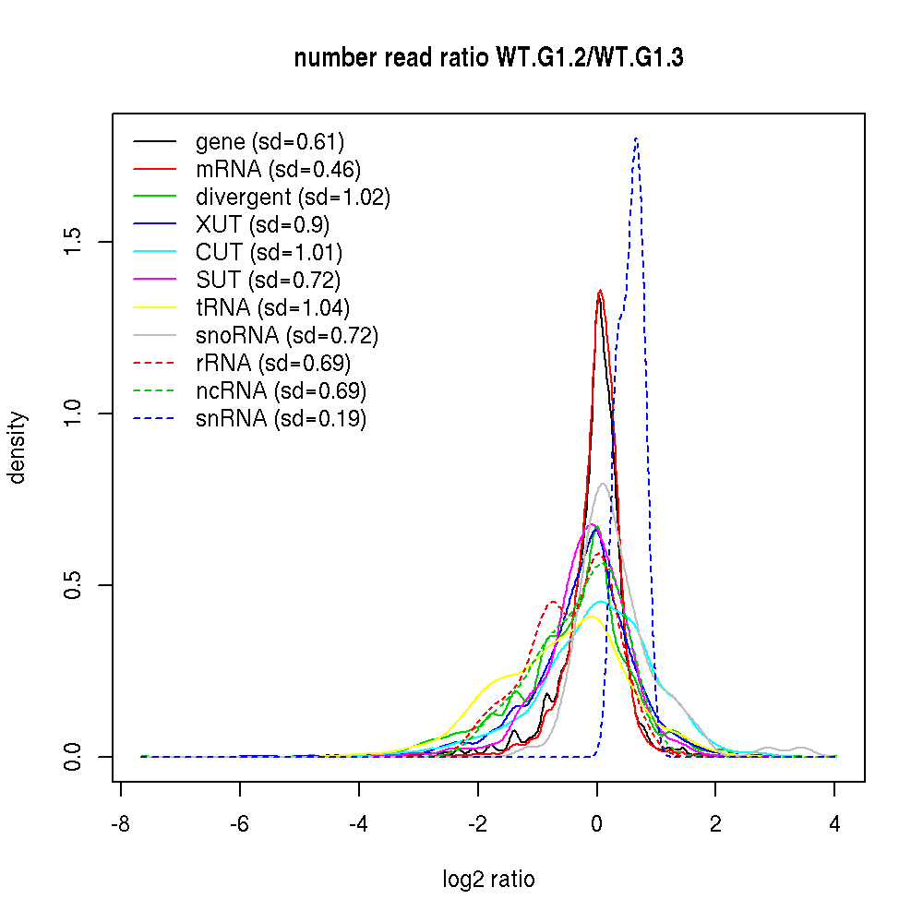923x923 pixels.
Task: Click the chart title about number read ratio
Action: pos(488,58)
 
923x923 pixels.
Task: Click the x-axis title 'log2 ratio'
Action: pos(488,879)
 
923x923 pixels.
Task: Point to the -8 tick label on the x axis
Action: pos(120,825)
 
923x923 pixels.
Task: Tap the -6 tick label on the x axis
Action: pos(239,825)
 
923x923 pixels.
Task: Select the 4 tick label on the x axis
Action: pos(834,825)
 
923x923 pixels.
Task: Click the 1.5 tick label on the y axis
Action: pos(73,242)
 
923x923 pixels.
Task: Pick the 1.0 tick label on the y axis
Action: pos(73,414)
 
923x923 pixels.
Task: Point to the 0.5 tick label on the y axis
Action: pos(73,585)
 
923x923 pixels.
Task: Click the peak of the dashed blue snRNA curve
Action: pos(636,138)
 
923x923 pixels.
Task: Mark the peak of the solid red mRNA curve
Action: pos(600,291)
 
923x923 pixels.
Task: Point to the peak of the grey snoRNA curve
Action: pos(603,483)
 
